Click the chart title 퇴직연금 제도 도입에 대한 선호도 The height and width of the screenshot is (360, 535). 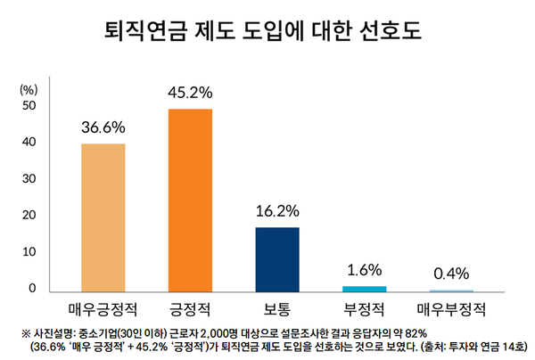[x=267, y=33]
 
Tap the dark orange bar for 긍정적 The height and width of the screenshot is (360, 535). [x=190, y=200]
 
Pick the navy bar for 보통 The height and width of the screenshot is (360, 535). [x=277, y=259]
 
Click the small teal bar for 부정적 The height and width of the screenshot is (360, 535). [x=365, y=289]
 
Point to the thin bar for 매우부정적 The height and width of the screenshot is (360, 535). [x=451, y=290]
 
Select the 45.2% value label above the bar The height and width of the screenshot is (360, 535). [x=190, y=92]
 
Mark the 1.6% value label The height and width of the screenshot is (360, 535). [x=365, y=269]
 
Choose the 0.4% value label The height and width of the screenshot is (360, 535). [x=451, y=274]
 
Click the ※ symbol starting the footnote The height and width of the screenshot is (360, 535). [x=24, y=332]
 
